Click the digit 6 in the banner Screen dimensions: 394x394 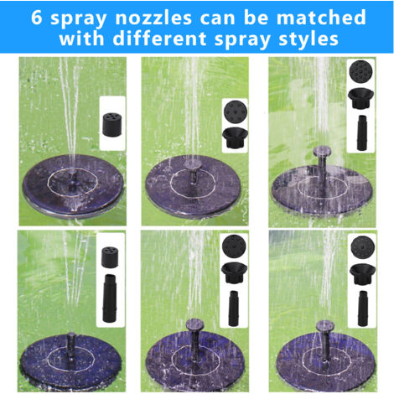tap(37, 18)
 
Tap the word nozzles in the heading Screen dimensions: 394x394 tap(153, 18)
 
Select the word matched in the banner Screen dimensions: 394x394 tap(321, 17)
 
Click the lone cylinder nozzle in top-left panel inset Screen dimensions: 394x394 tap(112, 124)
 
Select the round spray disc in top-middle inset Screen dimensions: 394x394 tap(236, 112)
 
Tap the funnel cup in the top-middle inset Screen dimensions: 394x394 tap(234, 137)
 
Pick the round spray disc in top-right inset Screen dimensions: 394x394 tap(360, 71)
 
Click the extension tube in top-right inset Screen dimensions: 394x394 tap(361, 132)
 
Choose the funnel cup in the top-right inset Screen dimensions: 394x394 tap(360, 98)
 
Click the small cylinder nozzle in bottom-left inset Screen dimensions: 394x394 tap(110, 257)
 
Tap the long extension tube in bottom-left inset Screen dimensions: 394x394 tap(110, 298)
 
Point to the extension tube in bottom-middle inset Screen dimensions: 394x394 tap(234, 308)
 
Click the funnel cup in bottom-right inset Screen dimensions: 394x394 tap(362, 275)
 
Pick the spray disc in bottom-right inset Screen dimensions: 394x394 tap(363, 247)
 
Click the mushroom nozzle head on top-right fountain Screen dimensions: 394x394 tap(322, 151)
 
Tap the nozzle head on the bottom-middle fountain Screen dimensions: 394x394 tap(194, 324)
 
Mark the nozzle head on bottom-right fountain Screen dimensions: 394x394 tap(325, 326)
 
